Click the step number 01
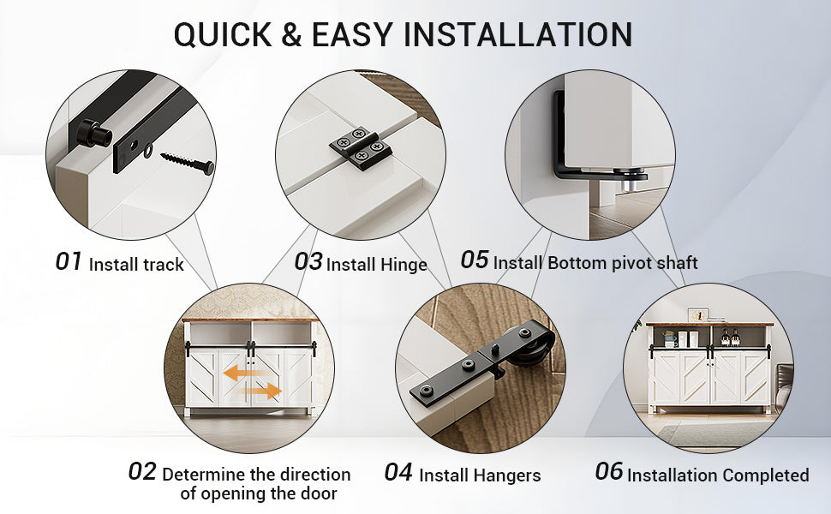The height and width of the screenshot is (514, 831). (x=69, y=262)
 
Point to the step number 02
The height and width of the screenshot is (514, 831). (x=142, y=472)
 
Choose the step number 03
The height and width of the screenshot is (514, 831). (x=308, y=262)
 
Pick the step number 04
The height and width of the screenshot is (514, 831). (x=398, y=472)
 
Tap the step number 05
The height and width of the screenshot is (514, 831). (x=475, y=260)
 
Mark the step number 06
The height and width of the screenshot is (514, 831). (x=609, y=472)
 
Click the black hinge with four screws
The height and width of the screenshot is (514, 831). (x=359, y=147)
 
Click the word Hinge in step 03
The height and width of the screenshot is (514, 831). (x=404, y=265)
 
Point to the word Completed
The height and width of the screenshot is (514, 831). (x=764, y=475)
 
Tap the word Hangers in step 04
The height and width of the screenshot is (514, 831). (x=510, y=475)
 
